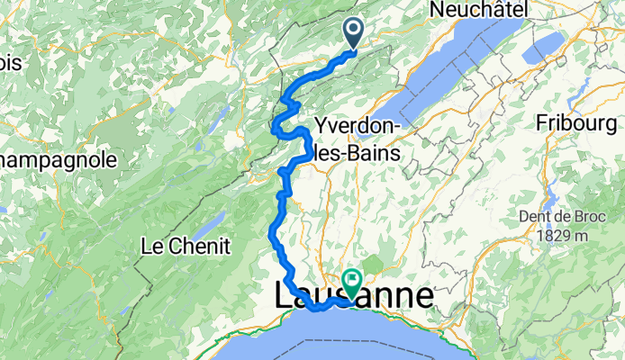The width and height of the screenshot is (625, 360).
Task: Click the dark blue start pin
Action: point(351,33)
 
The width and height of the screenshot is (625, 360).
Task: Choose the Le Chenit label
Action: point(186,246)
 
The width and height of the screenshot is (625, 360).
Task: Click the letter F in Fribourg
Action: point(542,123)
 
